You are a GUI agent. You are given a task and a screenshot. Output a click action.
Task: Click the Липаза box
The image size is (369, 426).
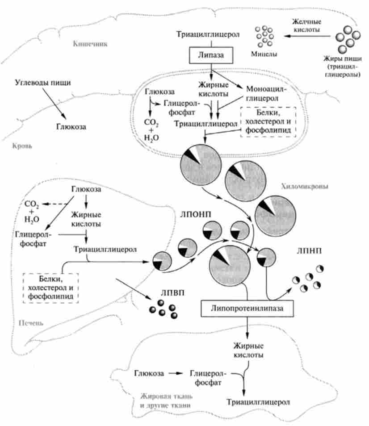211,56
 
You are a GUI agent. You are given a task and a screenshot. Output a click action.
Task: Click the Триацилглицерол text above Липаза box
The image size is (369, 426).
211,34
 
